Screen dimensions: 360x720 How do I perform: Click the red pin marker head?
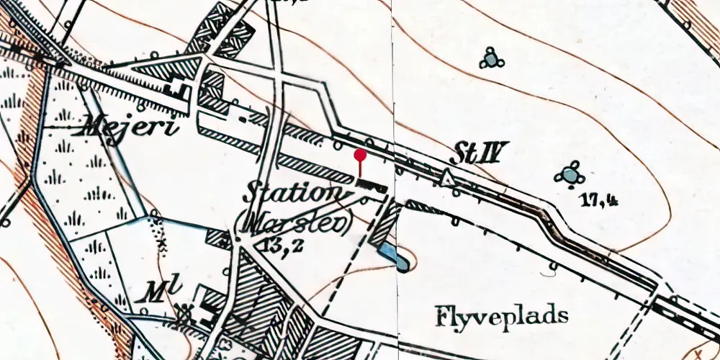click(x=360, y=153)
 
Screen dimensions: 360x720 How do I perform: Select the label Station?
click(x=292, y=194)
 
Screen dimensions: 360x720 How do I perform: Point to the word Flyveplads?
click(x=502, y=315)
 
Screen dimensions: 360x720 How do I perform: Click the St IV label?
click(x=480, y=153)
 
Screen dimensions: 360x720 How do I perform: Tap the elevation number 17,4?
click(x=600, y=201)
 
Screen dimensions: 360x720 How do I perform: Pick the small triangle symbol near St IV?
click(x=448, y=178)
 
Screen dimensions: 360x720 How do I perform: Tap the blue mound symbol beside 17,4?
click(x=570, y=174)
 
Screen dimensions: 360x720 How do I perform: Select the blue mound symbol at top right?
click(x=491, y=59)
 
